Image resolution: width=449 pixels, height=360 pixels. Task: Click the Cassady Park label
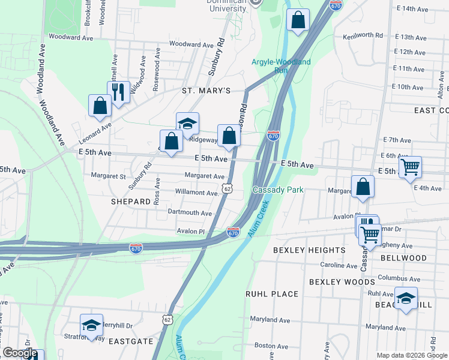tap(278, 190)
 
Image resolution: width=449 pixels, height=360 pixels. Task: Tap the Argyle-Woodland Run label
tap(281, 66)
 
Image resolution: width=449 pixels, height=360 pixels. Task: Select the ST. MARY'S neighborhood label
tap(206, 91)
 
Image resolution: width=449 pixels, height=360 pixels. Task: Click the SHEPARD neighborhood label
tap(130, 202)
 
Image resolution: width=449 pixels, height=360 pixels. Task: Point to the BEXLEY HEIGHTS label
tap(309, 250)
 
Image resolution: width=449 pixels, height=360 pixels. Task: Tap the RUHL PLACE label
tap(272, 294)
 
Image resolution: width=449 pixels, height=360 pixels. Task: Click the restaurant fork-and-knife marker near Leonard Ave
tap(118, 92)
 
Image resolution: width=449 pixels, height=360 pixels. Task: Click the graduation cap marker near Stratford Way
tap(91, 325)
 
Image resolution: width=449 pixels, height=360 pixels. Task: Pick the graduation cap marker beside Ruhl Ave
tap(406, 298)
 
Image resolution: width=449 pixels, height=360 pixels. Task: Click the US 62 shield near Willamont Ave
tap(227, 188)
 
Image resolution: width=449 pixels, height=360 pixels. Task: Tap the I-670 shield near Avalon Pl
tap(234, 231)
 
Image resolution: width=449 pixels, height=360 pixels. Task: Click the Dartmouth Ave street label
tap(190, 213)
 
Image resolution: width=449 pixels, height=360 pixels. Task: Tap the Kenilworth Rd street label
tap(363, 36)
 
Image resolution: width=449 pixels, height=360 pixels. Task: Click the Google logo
tap(20, 353)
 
